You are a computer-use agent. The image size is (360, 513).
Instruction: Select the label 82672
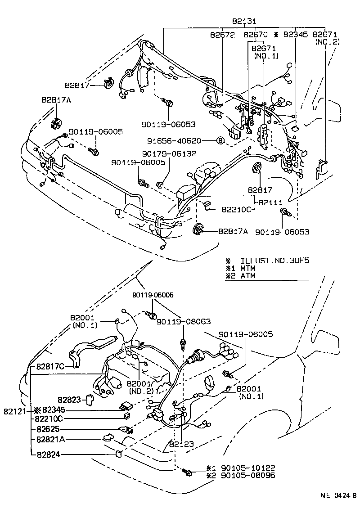click(x=222, y=34)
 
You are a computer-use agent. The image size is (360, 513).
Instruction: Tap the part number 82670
click(x=256, y=34)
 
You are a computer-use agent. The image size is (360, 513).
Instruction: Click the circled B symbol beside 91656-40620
click(x=220, y=141)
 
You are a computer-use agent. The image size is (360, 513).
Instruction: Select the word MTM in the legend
click(x=248, y=268)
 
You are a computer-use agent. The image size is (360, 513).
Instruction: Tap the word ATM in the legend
click(x=248, y=275)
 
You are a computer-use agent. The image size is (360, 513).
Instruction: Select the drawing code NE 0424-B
click(x=338, y=496)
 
